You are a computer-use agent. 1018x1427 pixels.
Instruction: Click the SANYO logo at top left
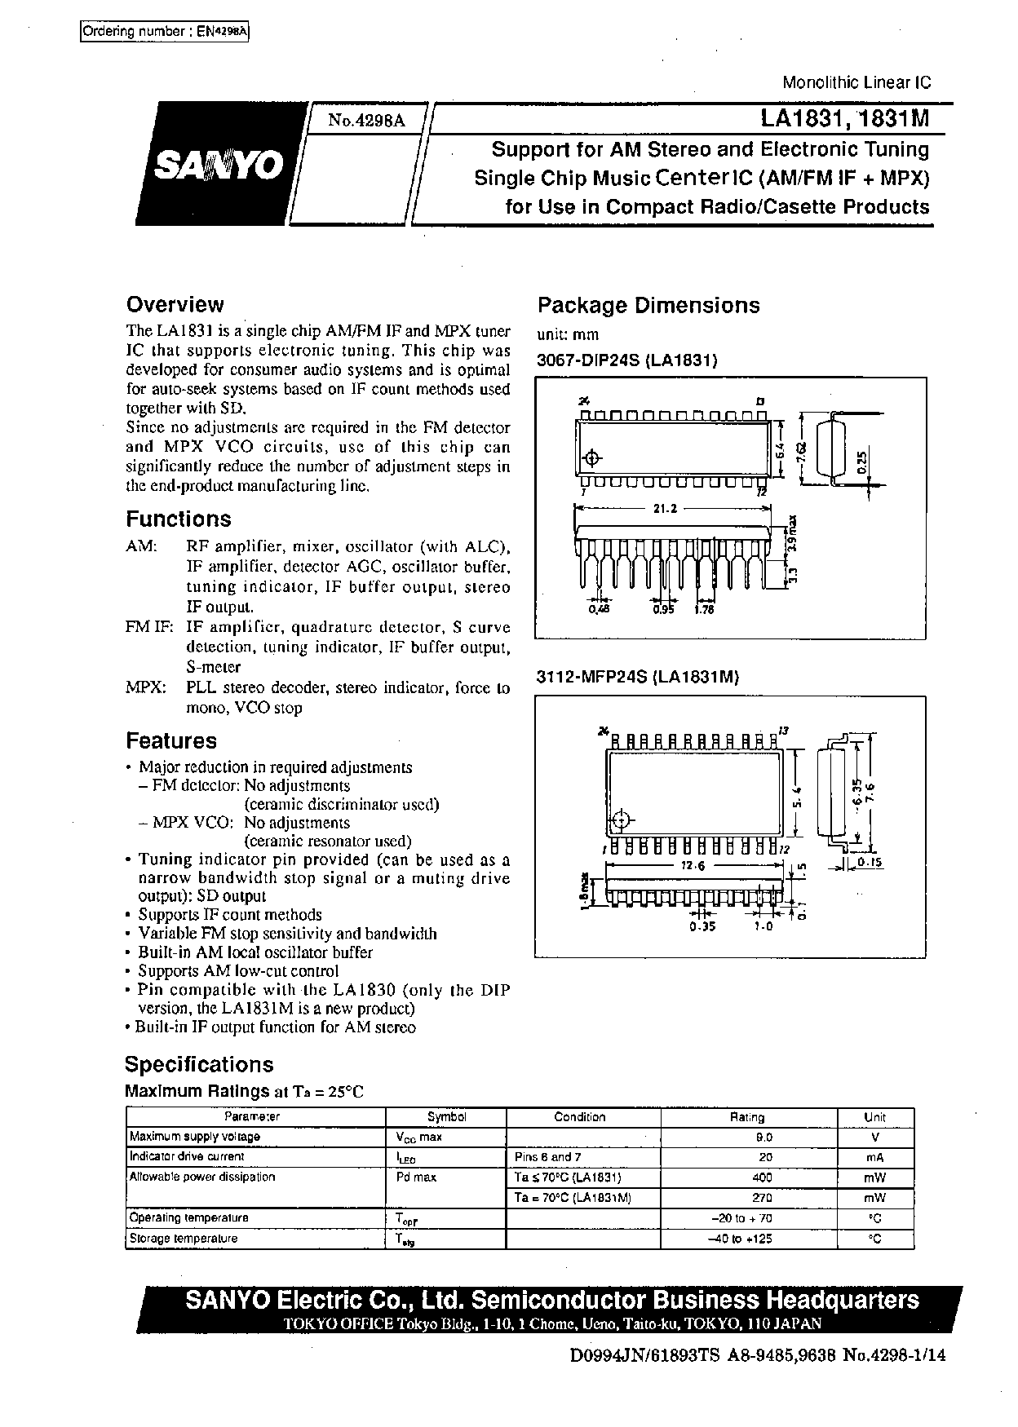point(219,166)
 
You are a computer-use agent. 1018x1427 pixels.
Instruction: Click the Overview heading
point(175,305)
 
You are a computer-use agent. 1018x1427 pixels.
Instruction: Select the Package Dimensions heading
point(648,306)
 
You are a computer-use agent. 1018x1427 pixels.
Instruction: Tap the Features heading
point(171,740)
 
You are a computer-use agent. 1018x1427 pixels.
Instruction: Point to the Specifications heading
point(199,1064)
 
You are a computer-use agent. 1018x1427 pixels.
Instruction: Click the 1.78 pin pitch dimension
point(704,609)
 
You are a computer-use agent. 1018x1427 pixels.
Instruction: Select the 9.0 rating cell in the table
point(763,1137)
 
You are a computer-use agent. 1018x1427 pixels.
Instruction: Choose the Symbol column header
point(446,1117)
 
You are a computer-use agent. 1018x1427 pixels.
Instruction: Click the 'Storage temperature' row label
point(184,1239)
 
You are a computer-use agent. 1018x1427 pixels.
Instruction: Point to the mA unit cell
point(875,1157)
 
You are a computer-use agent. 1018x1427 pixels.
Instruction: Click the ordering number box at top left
point(165,32)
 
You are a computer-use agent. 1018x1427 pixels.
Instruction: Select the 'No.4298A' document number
point(366,121)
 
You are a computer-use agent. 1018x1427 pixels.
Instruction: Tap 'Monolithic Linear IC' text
point(856,82)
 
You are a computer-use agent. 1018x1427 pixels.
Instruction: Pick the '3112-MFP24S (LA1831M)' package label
point(637,676)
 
